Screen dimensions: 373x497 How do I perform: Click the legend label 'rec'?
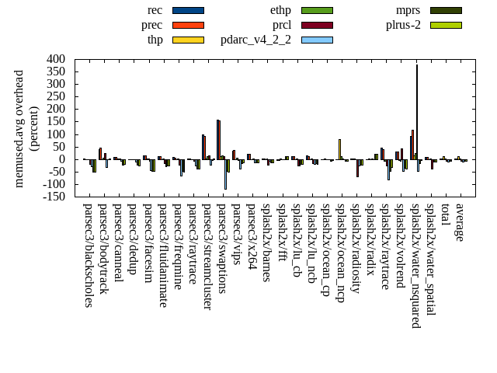155,10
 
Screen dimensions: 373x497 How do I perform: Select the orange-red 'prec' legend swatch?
188,25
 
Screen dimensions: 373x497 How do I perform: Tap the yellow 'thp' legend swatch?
188,40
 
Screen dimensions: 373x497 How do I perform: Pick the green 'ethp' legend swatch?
317,10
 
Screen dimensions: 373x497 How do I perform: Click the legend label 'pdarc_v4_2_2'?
255,40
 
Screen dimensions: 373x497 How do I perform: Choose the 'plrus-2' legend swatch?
446,25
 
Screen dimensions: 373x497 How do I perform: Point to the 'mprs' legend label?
408,10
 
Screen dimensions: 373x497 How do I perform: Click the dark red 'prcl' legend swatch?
317,25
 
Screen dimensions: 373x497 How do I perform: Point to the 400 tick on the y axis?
57,59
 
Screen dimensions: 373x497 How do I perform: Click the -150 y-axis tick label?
53,197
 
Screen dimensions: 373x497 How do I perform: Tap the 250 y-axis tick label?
57,96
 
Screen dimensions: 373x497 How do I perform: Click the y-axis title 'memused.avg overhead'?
19,128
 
